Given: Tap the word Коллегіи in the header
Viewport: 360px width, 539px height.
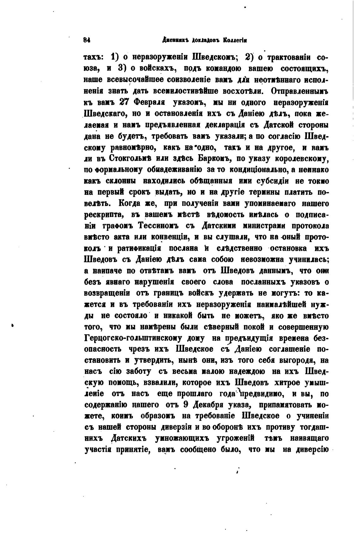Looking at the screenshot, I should point(235,40).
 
